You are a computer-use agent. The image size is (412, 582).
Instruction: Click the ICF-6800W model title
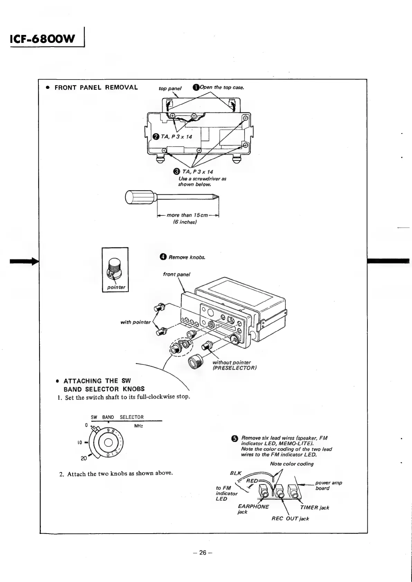pyautogui.click(x=43, y=39)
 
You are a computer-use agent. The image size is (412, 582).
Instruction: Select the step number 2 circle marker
pyautogui.click(x=156, y=137)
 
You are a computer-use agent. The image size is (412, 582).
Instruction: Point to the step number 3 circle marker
pyautogui.click(x=176, y=172)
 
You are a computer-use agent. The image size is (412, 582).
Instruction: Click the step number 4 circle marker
pyautogui.click(x=163, y=257)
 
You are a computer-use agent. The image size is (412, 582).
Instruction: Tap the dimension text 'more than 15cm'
pyautogui.click(x=187, y=215)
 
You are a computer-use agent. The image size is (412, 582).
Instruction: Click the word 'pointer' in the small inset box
pyautogui.click(x=115, y=287)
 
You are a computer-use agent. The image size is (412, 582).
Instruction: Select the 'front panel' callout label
pyautogui.click(x=176, y=274)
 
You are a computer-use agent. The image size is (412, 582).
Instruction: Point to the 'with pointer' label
pyautogui.click(x=135, y=322)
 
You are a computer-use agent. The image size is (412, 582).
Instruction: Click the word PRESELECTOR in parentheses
pyautogui.click(x=235, y=368)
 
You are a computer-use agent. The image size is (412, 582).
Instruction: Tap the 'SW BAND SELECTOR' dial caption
pyautogui.click(x=117, y=417)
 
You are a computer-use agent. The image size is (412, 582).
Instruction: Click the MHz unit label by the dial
pyautogui.click(x=139, y=426)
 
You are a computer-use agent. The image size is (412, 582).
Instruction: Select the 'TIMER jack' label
pyautogui.click(x=314, y=507)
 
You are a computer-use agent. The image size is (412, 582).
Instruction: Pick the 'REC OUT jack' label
pyautogui.click(x=290, y=518)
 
